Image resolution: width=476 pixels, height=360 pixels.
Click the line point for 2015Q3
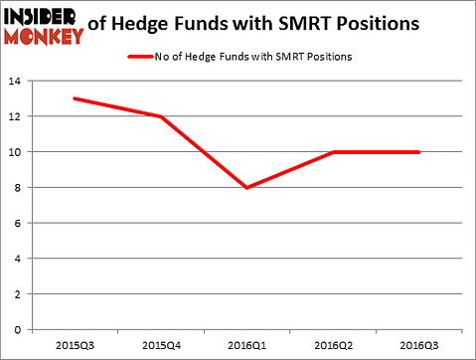click(x=74, y=98)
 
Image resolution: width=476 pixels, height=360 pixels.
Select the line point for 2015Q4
click(x=160, y=116)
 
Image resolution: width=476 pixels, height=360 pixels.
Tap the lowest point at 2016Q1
click(x=246, y=187)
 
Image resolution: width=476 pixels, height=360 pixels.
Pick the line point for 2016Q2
click(x=333, y=152)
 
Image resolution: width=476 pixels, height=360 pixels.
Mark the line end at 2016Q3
click(x=418, y=152)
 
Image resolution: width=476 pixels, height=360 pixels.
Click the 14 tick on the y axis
click(x=17, y=82)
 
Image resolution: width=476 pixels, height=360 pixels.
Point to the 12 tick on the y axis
click(x=17, y=116)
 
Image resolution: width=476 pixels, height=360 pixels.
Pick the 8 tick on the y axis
click(x=20, y=188)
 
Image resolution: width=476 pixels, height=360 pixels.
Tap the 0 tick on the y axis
click(x=20, y=329)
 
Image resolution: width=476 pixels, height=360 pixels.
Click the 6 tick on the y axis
click(x=20, y=223)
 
